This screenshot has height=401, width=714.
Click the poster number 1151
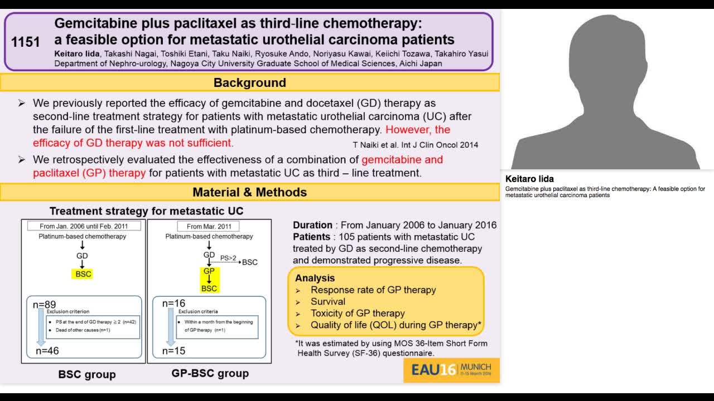26,42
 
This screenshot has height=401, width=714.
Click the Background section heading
249,82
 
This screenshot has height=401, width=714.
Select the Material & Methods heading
249,192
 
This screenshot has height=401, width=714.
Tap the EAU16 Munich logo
451,370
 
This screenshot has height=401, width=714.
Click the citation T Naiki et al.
415,145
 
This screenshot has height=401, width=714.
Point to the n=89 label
44,304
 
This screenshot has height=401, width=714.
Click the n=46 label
47,351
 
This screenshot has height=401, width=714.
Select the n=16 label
173,304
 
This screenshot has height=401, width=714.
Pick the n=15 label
173,351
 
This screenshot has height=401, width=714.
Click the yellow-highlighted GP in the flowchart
209,271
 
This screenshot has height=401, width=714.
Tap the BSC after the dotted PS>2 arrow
250,262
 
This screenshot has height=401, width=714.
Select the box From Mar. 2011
209,226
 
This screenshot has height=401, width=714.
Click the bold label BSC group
87,374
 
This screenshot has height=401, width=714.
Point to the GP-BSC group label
210,373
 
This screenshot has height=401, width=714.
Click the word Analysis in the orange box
315,278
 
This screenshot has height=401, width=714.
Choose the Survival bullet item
328,301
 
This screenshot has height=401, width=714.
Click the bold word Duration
312,225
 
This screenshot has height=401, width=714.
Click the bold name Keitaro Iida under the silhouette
529,179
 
